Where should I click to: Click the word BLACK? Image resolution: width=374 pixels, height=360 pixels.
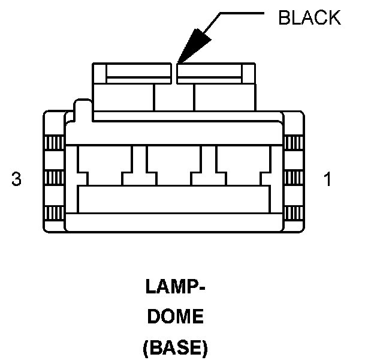(309, 18)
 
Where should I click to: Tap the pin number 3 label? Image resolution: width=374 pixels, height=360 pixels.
(17, 179)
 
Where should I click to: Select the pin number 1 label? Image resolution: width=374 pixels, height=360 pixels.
(327, 179)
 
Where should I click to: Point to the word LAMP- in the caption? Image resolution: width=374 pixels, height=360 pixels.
(176, 287)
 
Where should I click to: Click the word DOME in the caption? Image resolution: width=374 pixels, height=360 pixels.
(176, 317)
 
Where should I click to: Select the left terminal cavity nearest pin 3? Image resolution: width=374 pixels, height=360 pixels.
(105, 163)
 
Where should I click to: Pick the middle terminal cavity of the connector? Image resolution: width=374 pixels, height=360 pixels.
(174, 163)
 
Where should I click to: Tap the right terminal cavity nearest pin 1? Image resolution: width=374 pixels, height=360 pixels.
(243, 163)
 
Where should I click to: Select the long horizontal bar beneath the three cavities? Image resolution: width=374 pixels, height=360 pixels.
(174, 199)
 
